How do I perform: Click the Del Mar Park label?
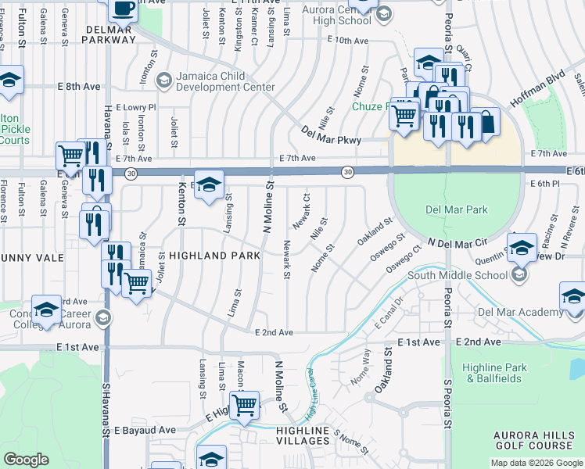coord(457,209)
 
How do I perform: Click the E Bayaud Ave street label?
coord(145,430)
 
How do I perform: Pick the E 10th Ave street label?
coord(348,40)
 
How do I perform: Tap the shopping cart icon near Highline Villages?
coord(246,404)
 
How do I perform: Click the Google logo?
coord(26,460)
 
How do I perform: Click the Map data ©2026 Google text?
coord(536,463)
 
